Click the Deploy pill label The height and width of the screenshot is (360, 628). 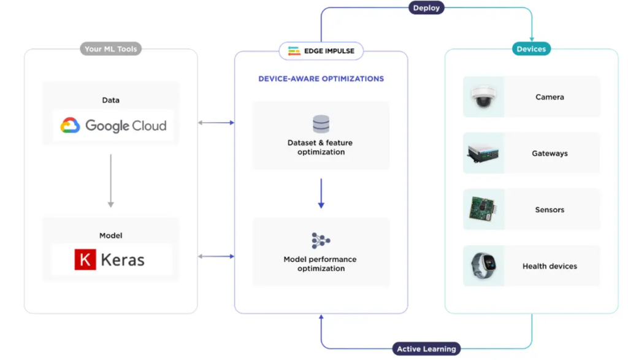[x=426, y=8]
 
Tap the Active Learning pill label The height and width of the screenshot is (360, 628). [x=426, y=349]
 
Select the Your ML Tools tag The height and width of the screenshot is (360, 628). [x=110, y=49]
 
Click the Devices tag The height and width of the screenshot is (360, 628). [x=531, y=49]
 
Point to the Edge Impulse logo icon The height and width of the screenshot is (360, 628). [x=294, y=51]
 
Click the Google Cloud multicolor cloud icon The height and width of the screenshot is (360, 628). [x=71, y=126]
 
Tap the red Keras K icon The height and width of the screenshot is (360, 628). [x=85, y=259]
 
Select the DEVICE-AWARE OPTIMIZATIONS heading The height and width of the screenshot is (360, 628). [x=321, y=79]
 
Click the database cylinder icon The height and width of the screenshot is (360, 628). [x=321, y=124]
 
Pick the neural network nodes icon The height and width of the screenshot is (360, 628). [x=321, y=240]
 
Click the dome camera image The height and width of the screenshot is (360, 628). [x=483, y=97]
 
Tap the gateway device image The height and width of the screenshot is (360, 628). [x=483, y=153]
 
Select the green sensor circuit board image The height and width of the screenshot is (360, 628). [x=483, y=210]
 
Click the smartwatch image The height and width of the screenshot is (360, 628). [x=483, y=266]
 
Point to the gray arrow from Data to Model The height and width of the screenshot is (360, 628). [x=110, y=180]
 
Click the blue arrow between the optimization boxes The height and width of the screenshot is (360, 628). [x=321, y=193]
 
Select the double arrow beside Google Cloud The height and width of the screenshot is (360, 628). [x=216, y=123]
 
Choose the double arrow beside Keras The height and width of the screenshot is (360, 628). [x=216, y=256]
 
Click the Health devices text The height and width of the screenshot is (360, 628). [x=549, y=266]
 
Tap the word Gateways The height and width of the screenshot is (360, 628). [x=549, y=153]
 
